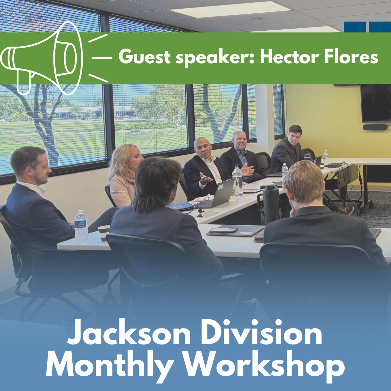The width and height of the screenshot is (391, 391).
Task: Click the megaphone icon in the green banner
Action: click(42, 58)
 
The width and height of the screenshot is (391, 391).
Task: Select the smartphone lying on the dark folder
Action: click(224, 230)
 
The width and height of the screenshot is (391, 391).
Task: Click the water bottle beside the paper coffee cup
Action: click(81, 226)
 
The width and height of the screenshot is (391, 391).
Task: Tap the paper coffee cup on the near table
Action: click(104, 233)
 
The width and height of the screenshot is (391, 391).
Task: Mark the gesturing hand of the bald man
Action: click(205, 179)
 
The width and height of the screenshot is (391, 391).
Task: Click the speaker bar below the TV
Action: click(375, 127)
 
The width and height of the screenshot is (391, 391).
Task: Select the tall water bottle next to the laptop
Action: click(238, 181)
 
